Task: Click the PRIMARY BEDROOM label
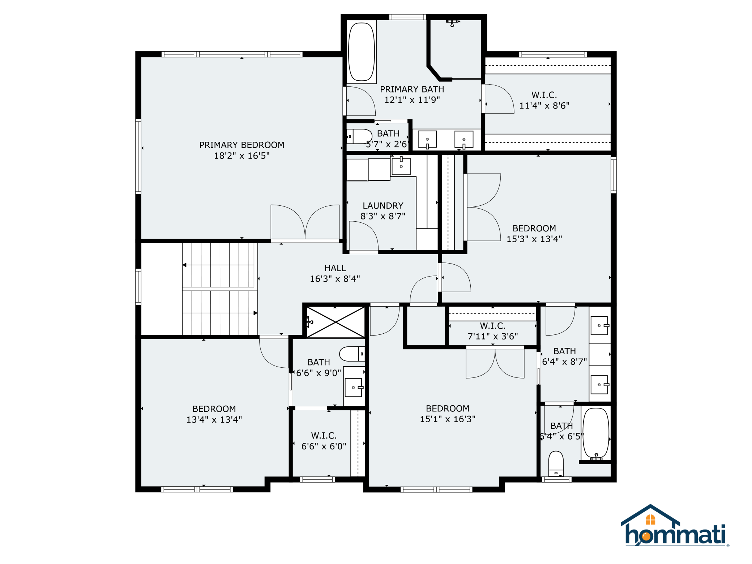click(242, 145)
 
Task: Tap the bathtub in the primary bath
click(361, 52)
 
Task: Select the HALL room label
click(335, 268)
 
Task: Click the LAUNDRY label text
click(383, 206)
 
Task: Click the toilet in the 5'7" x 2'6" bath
click(359, 136)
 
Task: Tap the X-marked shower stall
click(336, 322)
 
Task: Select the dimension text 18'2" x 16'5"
click(242, 156)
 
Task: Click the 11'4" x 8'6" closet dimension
click(544, 106)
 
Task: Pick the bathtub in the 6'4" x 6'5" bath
click(596, 433)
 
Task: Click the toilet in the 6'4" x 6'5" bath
click(556, 463)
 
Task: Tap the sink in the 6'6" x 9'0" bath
click(354, 387)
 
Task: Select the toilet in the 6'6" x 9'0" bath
click(352, 354)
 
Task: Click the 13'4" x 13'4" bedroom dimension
click(214, 419)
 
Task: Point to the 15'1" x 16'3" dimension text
click(447, 419)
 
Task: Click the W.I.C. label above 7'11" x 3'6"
click(492, 326)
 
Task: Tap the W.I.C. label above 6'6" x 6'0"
click(324, 436)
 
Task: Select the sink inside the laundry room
click(401, 166)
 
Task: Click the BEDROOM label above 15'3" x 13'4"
click(534, 228)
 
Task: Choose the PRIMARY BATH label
click(412, 89)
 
